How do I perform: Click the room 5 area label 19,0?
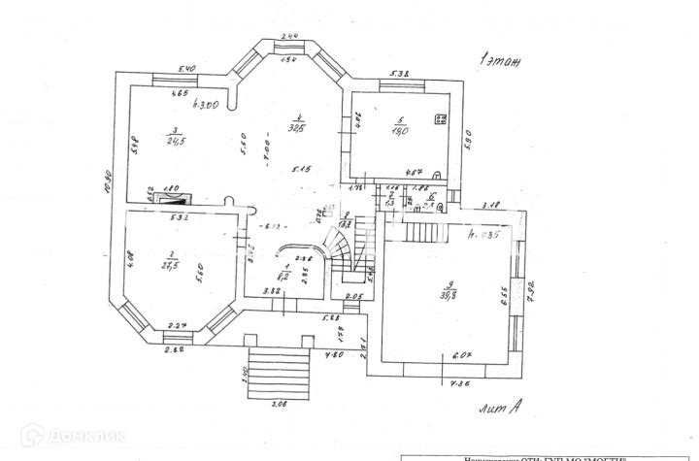click(397, 130)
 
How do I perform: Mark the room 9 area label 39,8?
click(449, 294)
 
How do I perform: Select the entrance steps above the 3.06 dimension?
click(276, 369)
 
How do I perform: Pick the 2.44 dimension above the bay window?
click(289, 36)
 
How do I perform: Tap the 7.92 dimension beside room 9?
click(530, 291)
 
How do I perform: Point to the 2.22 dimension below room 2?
click(175, 349)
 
